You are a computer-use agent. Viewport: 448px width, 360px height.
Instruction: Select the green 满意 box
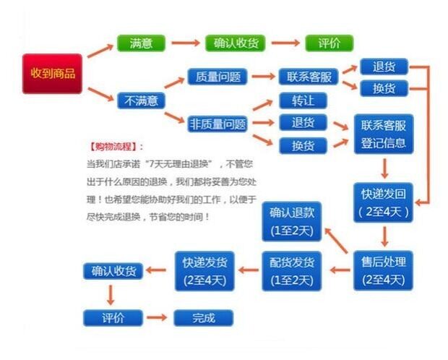point(141,43)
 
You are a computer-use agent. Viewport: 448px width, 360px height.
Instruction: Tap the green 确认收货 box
point(236,43)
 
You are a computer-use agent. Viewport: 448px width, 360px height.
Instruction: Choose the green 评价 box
point(329,43)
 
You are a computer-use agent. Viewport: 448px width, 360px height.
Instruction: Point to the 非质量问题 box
point(217,124)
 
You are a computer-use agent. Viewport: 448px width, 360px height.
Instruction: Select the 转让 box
point(303,100)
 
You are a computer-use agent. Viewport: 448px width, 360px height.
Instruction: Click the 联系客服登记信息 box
point(384,134)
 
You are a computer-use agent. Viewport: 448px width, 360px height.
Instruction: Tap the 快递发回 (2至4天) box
point(384,203)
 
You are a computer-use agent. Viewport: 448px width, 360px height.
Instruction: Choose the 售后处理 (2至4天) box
point(384,270)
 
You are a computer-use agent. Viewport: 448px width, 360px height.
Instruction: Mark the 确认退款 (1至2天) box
point(291,221)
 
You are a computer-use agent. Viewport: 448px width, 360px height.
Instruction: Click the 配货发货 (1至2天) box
point(291,270)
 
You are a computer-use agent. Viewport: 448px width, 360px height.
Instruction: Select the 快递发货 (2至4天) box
point(204,270)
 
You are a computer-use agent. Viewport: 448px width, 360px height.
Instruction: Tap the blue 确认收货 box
point(113,270)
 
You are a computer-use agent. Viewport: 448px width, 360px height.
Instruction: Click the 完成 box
point(204,317)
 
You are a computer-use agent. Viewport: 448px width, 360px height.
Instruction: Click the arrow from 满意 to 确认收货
point(184,43)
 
